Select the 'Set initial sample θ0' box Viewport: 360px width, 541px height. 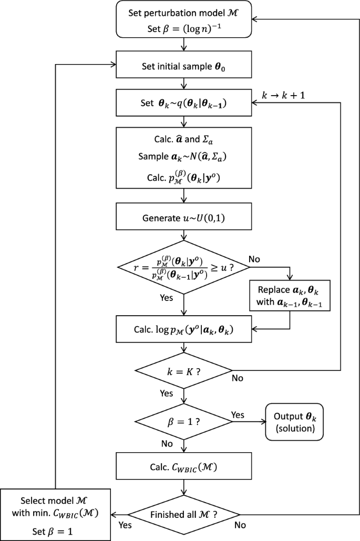click(x=183, y=66)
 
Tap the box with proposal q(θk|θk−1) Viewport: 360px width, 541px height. click(x=183, y=104)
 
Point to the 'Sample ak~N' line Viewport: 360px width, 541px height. click(x=183, y=158)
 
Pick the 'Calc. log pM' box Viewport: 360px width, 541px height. click(x=183, y=331)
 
